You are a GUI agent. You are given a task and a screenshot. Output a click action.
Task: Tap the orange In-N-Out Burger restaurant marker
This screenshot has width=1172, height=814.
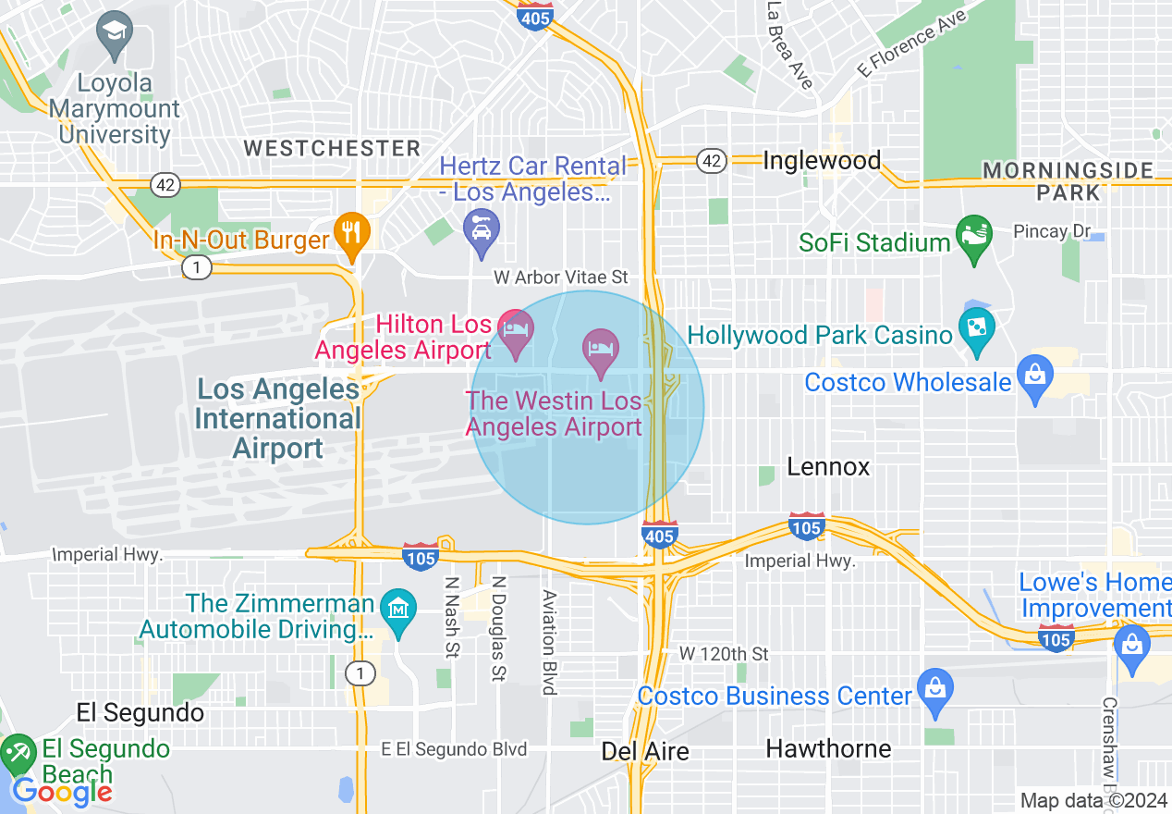[351, 231]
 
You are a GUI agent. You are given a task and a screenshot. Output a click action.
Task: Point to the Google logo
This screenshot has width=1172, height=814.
[62, 791]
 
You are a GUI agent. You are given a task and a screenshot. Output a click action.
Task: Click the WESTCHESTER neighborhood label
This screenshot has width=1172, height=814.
[332, 148]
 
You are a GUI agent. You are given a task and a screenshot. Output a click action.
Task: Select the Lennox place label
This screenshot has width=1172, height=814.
[828, 467]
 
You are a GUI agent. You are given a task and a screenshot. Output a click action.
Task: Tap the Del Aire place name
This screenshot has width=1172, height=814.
[645, 751]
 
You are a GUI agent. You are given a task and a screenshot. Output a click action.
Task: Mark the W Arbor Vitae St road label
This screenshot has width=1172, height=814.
[560, 277]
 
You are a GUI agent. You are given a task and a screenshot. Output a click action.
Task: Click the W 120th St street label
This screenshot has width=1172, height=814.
[724, 654]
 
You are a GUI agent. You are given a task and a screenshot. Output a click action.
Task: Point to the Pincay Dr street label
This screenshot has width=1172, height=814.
[1052, 231]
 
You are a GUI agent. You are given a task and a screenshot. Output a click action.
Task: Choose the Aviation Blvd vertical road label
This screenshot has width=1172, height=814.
[549, 642]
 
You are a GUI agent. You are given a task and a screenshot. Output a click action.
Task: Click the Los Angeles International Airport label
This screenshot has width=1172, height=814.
[277, 418]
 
